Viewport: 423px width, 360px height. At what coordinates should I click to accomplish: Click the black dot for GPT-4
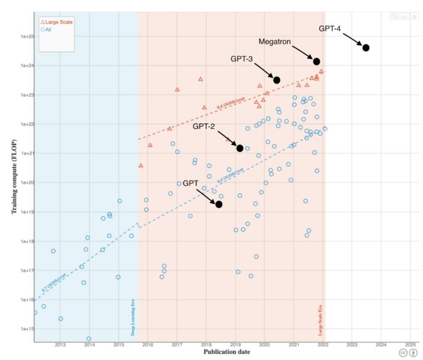point(366,48)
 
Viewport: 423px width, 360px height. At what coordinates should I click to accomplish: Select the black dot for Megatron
point(317,61)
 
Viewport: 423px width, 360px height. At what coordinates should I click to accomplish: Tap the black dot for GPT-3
point(277,80)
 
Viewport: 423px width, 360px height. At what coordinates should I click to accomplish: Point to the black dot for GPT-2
point(240,148)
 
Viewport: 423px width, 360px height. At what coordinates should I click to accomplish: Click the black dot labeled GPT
point(219,204)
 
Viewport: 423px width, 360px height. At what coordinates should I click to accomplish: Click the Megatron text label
point(275,42)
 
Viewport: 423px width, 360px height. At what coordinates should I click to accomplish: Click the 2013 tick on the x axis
point(61,345)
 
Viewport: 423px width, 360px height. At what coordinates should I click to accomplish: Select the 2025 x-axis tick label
point(410,345)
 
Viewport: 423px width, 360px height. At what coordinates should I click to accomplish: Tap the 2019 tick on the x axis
point(235,345)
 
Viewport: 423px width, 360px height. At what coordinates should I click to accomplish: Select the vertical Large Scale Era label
point(320,319)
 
